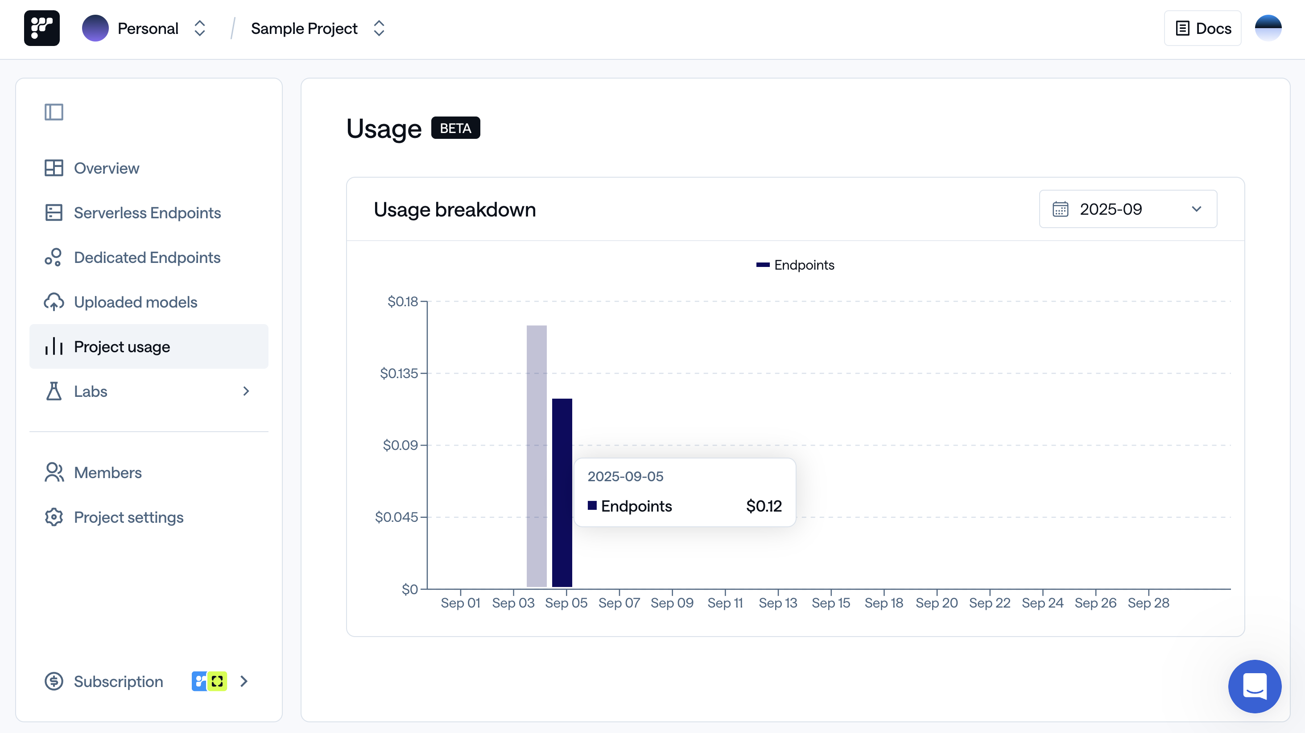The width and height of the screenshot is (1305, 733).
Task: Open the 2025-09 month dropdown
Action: (1127, 209)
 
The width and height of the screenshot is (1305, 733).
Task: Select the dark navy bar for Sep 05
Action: (562, 491)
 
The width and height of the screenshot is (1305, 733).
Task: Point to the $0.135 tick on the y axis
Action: (399, 373)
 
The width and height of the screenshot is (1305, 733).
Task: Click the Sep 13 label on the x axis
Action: (778, 603)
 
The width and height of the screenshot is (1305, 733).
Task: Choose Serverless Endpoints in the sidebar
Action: (147, 213)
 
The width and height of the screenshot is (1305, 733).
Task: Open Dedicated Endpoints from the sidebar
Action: (147, 258)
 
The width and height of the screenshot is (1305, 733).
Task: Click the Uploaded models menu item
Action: (135, 302)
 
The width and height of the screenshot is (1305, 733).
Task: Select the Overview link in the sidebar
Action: (107, 168)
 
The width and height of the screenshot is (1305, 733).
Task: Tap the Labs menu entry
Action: (91, 391)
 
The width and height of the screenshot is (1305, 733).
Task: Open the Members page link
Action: (107, 472)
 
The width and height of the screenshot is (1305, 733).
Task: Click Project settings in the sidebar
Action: (129, 517)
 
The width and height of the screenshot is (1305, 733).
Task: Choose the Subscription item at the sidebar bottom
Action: (119, 681)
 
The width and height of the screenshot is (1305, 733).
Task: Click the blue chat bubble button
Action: (1254, 687)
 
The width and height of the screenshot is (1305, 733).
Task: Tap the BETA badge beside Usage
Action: (455, 128)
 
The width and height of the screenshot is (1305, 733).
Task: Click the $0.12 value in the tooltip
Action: (764, 506)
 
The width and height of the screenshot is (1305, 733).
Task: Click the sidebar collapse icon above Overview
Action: (54, 112)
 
